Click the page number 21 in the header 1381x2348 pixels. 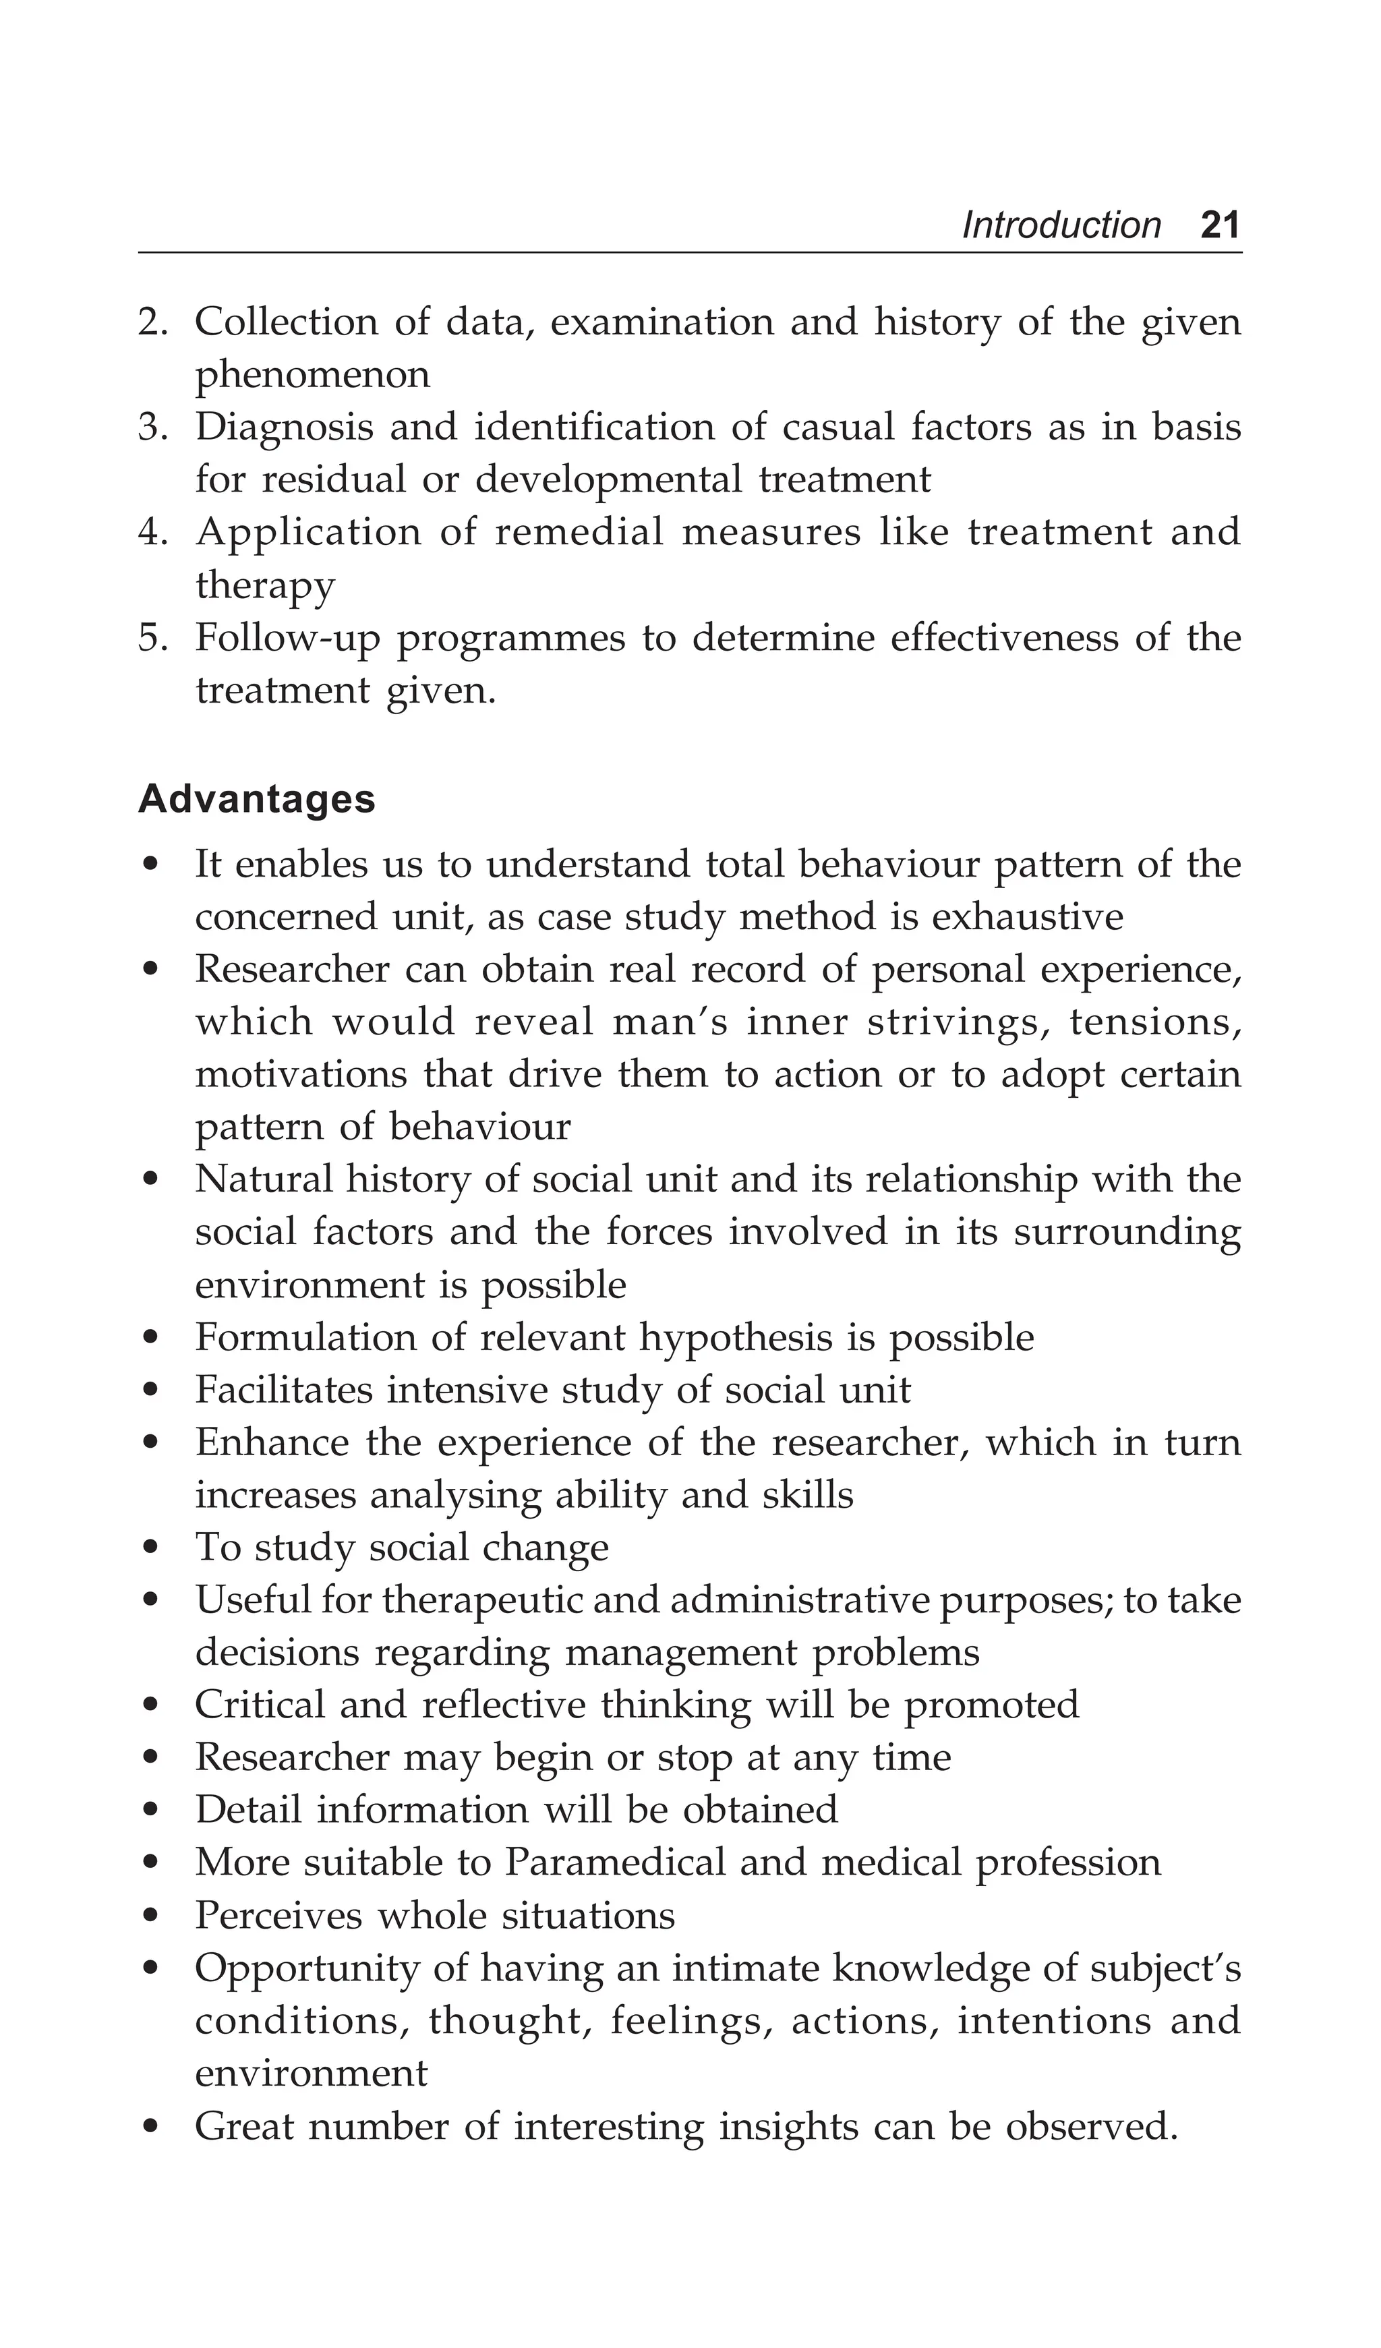coord(1220,225)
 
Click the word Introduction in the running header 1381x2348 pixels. coord(1061,225)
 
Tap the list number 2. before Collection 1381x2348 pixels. coord(153,322)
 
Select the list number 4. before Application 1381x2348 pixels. coord(153,533)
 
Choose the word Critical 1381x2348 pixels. coord(259,1705)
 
